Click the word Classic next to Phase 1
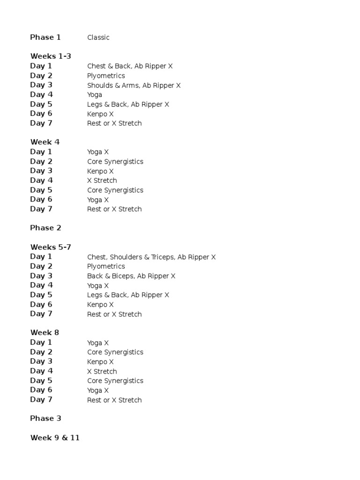pos(98,37)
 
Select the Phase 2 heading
pos(45,228)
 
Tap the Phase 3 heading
pos(45,419)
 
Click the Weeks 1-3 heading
pos(51,56)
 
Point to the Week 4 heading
pos(45,142)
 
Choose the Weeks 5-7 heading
pos(51,247)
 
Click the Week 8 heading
pos(45,333)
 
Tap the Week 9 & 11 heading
pos(55,438)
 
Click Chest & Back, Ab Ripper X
pos(130,66)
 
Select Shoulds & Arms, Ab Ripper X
pos(134,85)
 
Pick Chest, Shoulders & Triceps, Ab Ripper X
pos(151,257)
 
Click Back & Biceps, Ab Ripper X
pos(131,276)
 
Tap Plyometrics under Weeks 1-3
pos(106,76)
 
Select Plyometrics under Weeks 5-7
pos(106,266)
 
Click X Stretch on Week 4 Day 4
pos(102,180)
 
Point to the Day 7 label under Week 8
pos(41,399)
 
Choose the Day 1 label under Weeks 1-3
pos(41,66)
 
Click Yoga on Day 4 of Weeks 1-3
pos(95,95)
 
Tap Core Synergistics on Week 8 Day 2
pos(115,352)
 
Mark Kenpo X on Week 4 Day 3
pos(100,171)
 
